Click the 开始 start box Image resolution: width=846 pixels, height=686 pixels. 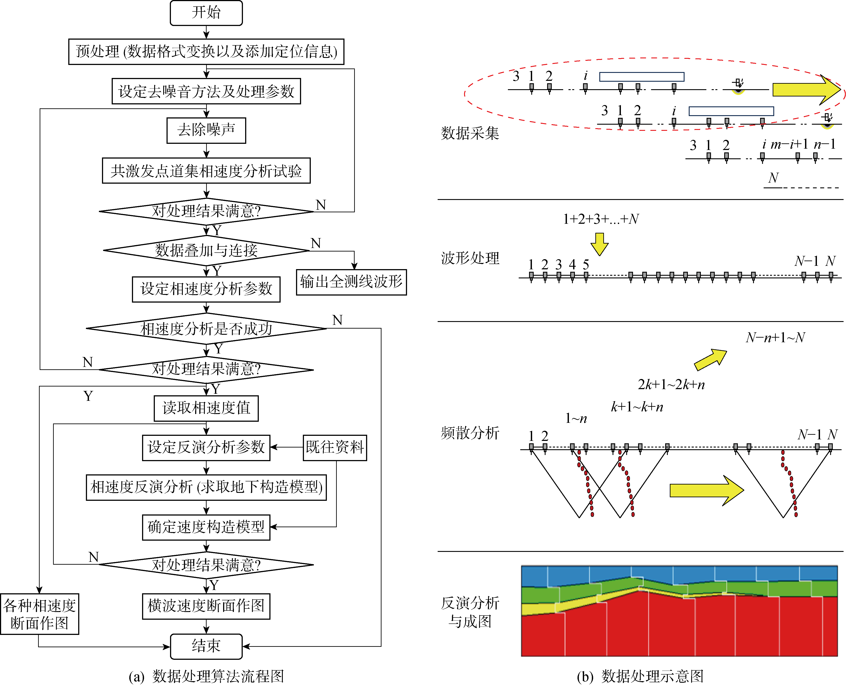pyautogui.click(x=206, y=13)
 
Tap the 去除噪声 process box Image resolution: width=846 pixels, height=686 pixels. pyautogui.click(x=206, y=130)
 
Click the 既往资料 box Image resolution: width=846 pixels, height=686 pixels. pyautogui.click(x=335, y=447)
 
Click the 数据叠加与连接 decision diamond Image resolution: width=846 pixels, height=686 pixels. pyautogui.click(x=206, y=251)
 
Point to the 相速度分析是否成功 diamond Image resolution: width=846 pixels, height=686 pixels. pyautogui.click(x=206, y=328)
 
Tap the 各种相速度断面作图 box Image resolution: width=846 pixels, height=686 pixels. pyautogui.click(x=39, y=614)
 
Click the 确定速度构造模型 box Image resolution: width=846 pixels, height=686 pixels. pyautogui.click(x=206, y=527)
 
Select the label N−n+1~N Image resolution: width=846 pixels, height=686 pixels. pyautogui.click(x=775, y=337)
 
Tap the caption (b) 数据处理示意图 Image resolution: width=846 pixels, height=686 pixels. pyautogui.click(x=640, y=676)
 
